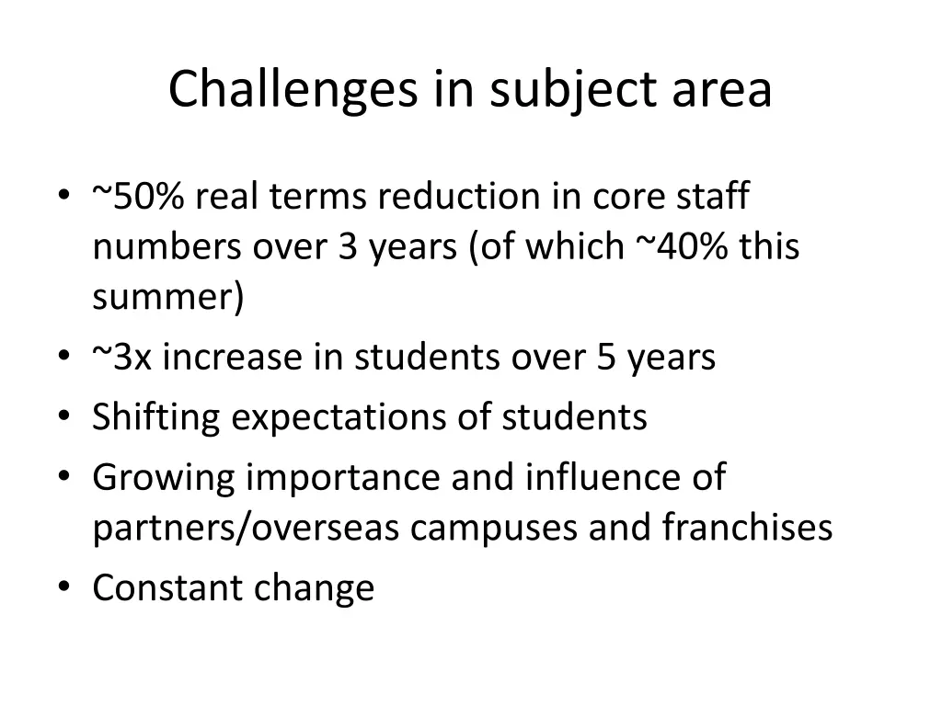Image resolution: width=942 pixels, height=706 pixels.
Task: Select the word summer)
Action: pos(168,298)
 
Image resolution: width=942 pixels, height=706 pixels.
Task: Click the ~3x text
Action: pos(122,357)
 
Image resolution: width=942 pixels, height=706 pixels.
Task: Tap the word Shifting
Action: pos(156,417)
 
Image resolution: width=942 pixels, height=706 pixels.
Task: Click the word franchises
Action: pos(747,528)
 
